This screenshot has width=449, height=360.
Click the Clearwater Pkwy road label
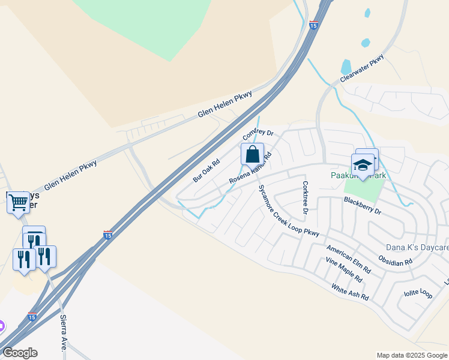point(361,70)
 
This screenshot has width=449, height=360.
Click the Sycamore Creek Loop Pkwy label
point(288,211)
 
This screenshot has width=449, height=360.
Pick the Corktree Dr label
point(305,198)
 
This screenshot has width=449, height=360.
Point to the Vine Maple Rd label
point(344,271)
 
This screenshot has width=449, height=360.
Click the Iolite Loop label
point(418,293)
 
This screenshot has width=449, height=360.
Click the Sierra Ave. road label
point(63,334)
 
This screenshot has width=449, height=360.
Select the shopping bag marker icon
point(253,154)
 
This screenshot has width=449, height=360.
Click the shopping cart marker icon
point(18,202)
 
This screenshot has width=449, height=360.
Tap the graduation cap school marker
point(363,164)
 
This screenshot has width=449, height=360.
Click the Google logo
point(20,353)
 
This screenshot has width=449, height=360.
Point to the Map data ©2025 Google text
point(411,355)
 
